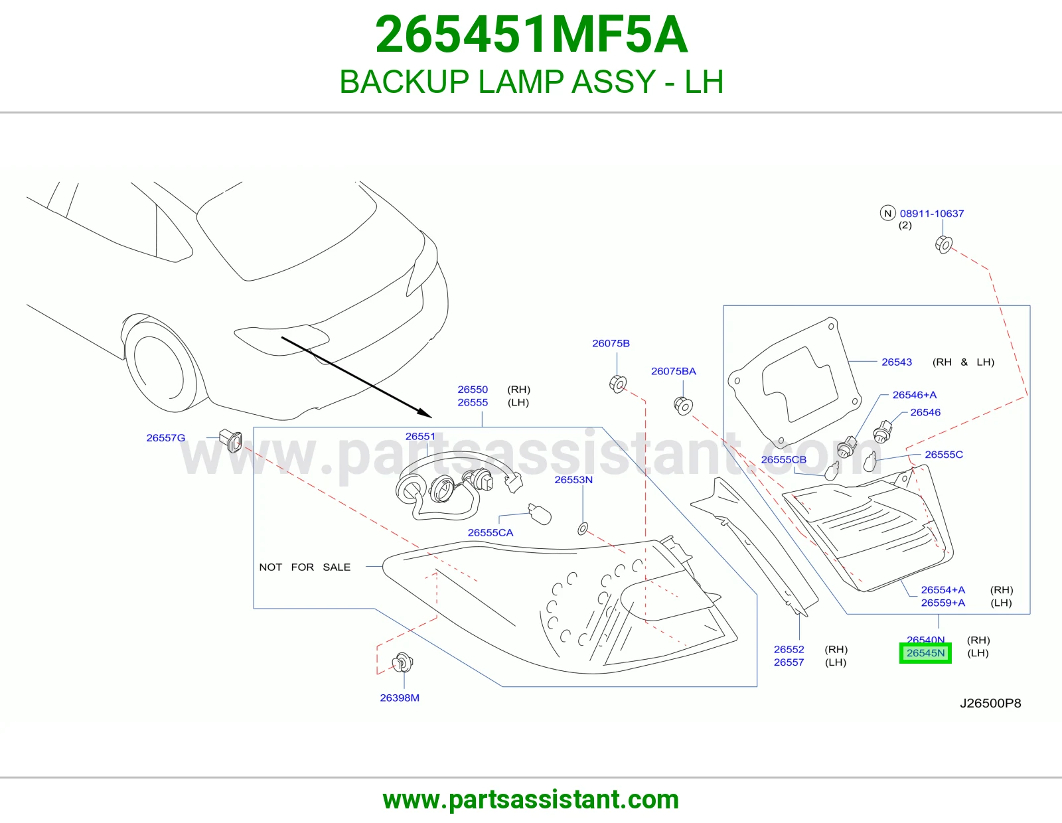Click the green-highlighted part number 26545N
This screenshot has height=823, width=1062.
click(925, 653)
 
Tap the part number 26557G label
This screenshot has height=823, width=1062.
click(166, 438)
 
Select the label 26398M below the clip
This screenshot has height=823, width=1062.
click(400, 698)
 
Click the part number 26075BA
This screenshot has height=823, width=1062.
click(674, 372)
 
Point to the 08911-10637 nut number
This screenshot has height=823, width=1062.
click(932, 214)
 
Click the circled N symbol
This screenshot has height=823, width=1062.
click(887, 213)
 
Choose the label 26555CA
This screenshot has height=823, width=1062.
click(491, 533)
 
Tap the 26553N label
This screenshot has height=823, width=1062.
click(573, 480)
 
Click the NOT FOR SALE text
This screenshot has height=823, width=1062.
click(305, 567)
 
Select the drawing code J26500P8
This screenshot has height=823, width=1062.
click(990, 704)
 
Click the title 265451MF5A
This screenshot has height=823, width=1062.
click(531, 35)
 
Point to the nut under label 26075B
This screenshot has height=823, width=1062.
click(618, 384)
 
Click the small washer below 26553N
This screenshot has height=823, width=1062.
click(583, 528)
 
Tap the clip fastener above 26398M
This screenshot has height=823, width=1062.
click(403, 662)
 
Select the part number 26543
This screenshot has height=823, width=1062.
click(897, 362)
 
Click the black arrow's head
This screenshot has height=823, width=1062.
click(425, 413)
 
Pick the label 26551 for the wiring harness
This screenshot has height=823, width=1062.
click(420, 437)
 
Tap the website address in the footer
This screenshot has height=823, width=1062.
click(531, 800)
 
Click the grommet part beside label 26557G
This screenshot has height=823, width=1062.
click(231, 440)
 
